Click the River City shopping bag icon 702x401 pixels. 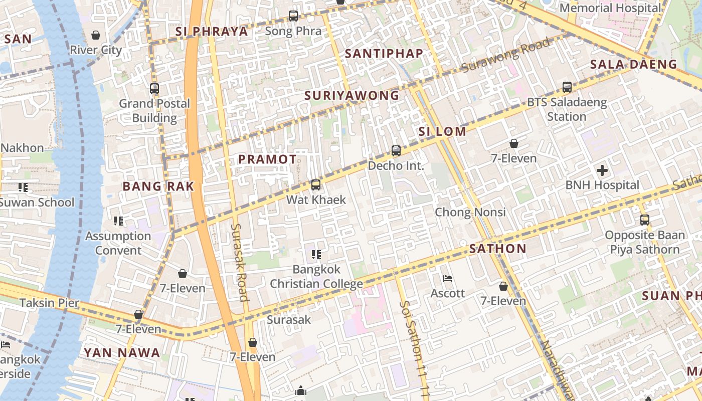(x=95, y=35)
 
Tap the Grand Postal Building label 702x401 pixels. (x=154, y=111)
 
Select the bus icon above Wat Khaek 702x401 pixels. (x=315, y=185)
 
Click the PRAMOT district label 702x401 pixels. (x=267, y=159)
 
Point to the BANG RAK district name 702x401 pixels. (x=158, y=186)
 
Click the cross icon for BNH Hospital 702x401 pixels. (x=602, y=170)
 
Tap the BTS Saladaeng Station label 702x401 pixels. (x=567, y=110)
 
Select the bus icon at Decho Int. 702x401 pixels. (x=396, y=151)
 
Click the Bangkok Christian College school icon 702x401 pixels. (x=316, y=255)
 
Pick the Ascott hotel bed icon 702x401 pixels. (x=448, y=279)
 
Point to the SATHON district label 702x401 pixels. (x=497, y=249)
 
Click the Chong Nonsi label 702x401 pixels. (x=470, y=212)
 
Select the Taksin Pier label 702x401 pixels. (x=49, y=303)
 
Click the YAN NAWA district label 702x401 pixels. (x=122, y=353)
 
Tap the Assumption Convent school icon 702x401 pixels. (x=118, y=221)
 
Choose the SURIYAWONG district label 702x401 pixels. (x=352, y=95)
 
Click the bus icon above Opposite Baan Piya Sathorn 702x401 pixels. (x=645, y=220)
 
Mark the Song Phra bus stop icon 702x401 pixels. (x=293, y=16)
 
